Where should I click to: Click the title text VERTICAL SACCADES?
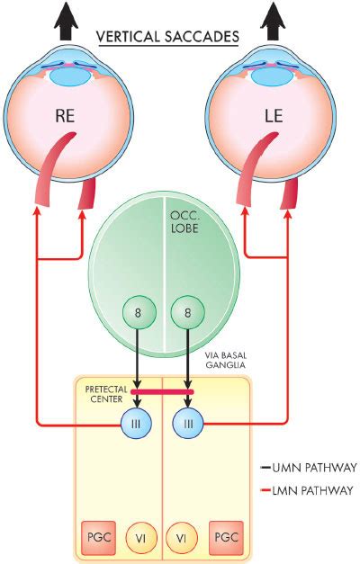[x=167, y=37]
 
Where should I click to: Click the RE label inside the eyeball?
[x=65, y=116]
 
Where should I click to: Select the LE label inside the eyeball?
[x=274, y=116]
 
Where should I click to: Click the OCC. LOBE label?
[x=184, y=221]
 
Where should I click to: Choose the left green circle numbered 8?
[x=139, y=312]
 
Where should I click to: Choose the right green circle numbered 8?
[x=187, y=312]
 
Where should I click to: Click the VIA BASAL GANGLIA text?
[x=226, y=360]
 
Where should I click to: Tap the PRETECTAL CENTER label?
[x=106, y=394]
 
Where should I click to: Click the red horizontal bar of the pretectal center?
[x=162, y=391]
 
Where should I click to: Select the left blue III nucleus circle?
[x=136, y=424]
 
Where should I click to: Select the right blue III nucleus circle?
[x=188, y=424]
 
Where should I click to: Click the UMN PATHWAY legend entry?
[x=309, y=468]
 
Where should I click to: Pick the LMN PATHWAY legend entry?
[x=307, y=490]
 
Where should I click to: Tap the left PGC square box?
[x=98, y=538]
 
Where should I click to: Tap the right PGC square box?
[x=226, y=538]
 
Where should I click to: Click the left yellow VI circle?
[x=141, y=539]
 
